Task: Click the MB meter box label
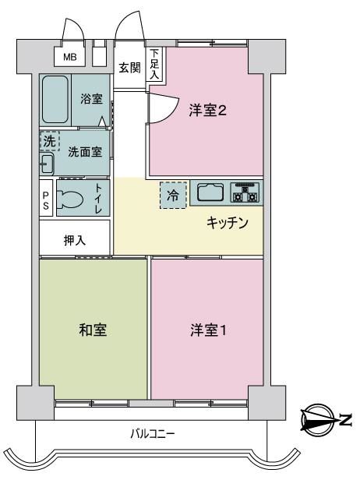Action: [x=70, y=57]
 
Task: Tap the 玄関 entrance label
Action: [x=130, y=67]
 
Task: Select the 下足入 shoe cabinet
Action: [x=155, y=64]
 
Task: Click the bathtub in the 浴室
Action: [x=55, y=99]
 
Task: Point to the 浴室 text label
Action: [x=91, y=99]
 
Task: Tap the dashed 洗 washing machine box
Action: [x=50, y=141]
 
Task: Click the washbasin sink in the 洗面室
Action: [x=47, y=164]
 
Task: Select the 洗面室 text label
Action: [x=85, y=151]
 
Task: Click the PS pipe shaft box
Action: [x=46, y=198]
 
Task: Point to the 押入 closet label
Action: [x=75, y=240]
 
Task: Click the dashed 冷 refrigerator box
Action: [x=173, y=196]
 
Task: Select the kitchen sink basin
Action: [x=210, y=192]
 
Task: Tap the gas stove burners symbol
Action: [x=245, y=192]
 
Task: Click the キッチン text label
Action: [x=228, y=223]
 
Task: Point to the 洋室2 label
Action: [x=208, y=111]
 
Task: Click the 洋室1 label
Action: [x=208, y=330]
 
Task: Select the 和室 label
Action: [x=93, y=330]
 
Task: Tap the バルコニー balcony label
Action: [x=153, y=434]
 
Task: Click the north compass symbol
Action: [x=318, y=421]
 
